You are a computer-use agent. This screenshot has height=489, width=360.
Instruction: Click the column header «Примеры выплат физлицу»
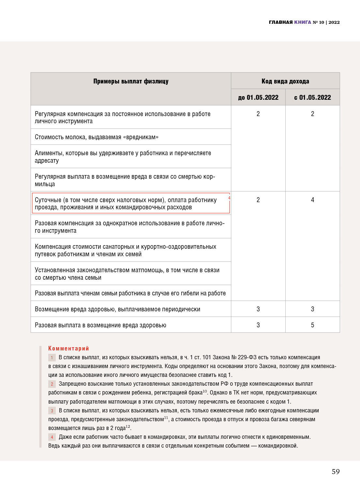pyautogui.click(x=131, y=81)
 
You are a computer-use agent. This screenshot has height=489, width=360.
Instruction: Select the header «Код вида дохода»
pyautogui.click(x=285, y=81)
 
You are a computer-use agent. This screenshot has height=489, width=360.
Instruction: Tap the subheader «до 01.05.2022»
pyautogui.click(x=258, y=97)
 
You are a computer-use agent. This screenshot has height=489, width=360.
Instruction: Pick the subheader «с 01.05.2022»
pyautogui.click(x=312, y=97)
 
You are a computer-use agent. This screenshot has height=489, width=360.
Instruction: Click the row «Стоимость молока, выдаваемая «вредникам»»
pyautogui.click(x=97, y=137)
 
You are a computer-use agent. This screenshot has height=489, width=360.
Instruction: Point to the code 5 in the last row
pyautogui.click(x=312, y=325)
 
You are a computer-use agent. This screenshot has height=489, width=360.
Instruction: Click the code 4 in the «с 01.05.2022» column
pyautogui.click(x=312, y=200)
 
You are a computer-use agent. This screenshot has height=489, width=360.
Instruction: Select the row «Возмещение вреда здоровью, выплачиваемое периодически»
pyautogui.click(x=117, y=309)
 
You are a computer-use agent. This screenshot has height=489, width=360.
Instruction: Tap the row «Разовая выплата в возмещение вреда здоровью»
pyautogui.click(x=100, y=325)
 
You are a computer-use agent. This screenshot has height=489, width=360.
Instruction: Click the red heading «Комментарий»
pyautogui.click(x=68, y=348)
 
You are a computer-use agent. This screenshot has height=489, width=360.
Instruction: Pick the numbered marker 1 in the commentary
pyautogui.click(x=52, y=358)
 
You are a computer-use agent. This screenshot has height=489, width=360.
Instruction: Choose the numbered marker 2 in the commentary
pyautogui.click(x=52, y=384)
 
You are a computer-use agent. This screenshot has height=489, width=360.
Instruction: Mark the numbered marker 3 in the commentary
pyautogui.click(x=52, y=411)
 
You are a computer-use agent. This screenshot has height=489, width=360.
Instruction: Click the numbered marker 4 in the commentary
pyautogui.click(x=52, y=437)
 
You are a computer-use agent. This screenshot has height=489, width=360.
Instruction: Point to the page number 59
pyautogui.click(x=336, y=472)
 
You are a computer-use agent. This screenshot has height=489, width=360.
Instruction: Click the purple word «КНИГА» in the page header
pyautogui.click(x=303, y=22)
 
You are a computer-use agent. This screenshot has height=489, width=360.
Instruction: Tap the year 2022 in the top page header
pyautogui.click(x=334, y=22)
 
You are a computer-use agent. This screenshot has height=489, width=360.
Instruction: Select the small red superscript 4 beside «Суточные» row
pyautogui.click(x=229, y=198)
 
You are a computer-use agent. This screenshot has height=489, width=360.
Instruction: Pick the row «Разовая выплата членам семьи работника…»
pyautogui.click(x=130, y=293)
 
